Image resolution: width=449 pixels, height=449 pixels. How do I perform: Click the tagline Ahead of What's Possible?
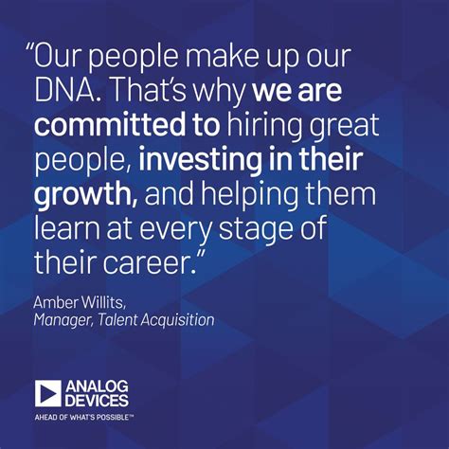84,418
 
